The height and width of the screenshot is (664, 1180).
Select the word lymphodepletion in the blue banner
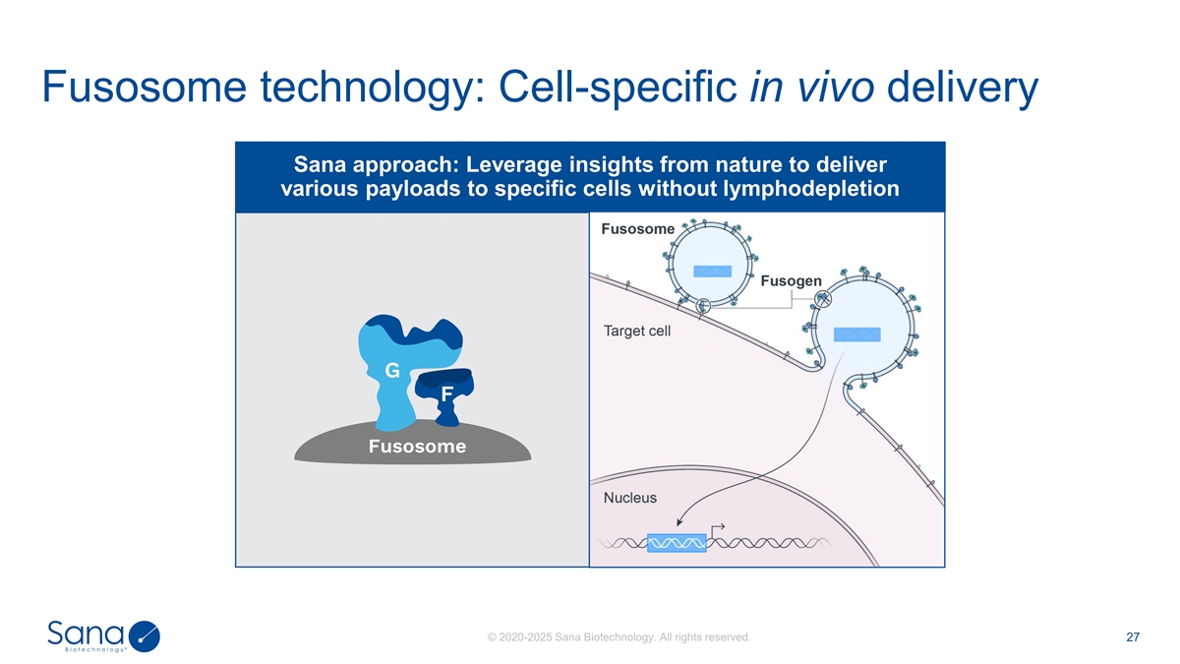point(814,188)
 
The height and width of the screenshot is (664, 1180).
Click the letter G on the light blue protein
point(390,371)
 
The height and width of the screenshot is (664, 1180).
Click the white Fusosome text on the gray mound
point(417,448)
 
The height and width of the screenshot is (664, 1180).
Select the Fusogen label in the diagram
point(792,280)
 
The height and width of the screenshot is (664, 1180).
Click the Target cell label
point(637,332)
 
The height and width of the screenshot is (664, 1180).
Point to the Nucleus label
point(629,498)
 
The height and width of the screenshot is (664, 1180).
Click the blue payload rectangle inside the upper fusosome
point(712,272)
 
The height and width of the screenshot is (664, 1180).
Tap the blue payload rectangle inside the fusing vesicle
point(856,334)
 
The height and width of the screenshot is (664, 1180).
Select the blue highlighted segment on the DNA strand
point(677,542)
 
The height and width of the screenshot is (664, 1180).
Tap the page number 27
point(1132,637)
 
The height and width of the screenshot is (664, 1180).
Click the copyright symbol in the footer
point(491,638)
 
